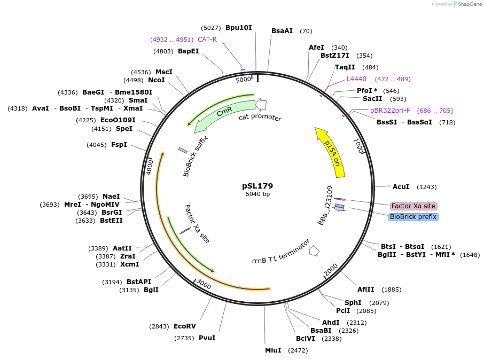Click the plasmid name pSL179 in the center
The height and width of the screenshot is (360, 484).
(257, 186)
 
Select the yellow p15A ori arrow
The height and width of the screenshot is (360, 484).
(332, 153)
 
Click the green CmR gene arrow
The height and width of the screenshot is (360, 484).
(224, 113)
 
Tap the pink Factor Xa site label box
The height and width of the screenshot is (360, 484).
(413, 206)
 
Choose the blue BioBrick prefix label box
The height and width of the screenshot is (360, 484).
(413, 217)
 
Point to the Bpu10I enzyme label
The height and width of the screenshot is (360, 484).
(238, 27)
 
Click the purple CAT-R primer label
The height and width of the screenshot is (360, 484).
(207, 39)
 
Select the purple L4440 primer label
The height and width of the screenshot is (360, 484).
(356, 79)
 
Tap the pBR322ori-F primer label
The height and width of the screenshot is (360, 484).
(390, 111)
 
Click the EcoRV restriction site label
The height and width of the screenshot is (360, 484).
(185, 326)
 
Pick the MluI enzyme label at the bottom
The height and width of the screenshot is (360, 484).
(273, 350)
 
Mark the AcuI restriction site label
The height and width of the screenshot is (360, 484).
(401, 187)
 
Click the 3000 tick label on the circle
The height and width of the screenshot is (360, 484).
(204, 284)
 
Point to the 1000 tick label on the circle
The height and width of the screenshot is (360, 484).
(358, 145)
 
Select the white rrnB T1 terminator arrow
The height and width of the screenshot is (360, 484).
(314, 250)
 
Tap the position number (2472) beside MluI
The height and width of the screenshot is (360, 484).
(298, 350)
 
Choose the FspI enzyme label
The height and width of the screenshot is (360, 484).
(119, 144)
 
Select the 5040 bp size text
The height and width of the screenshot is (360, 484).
(257, 194)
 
